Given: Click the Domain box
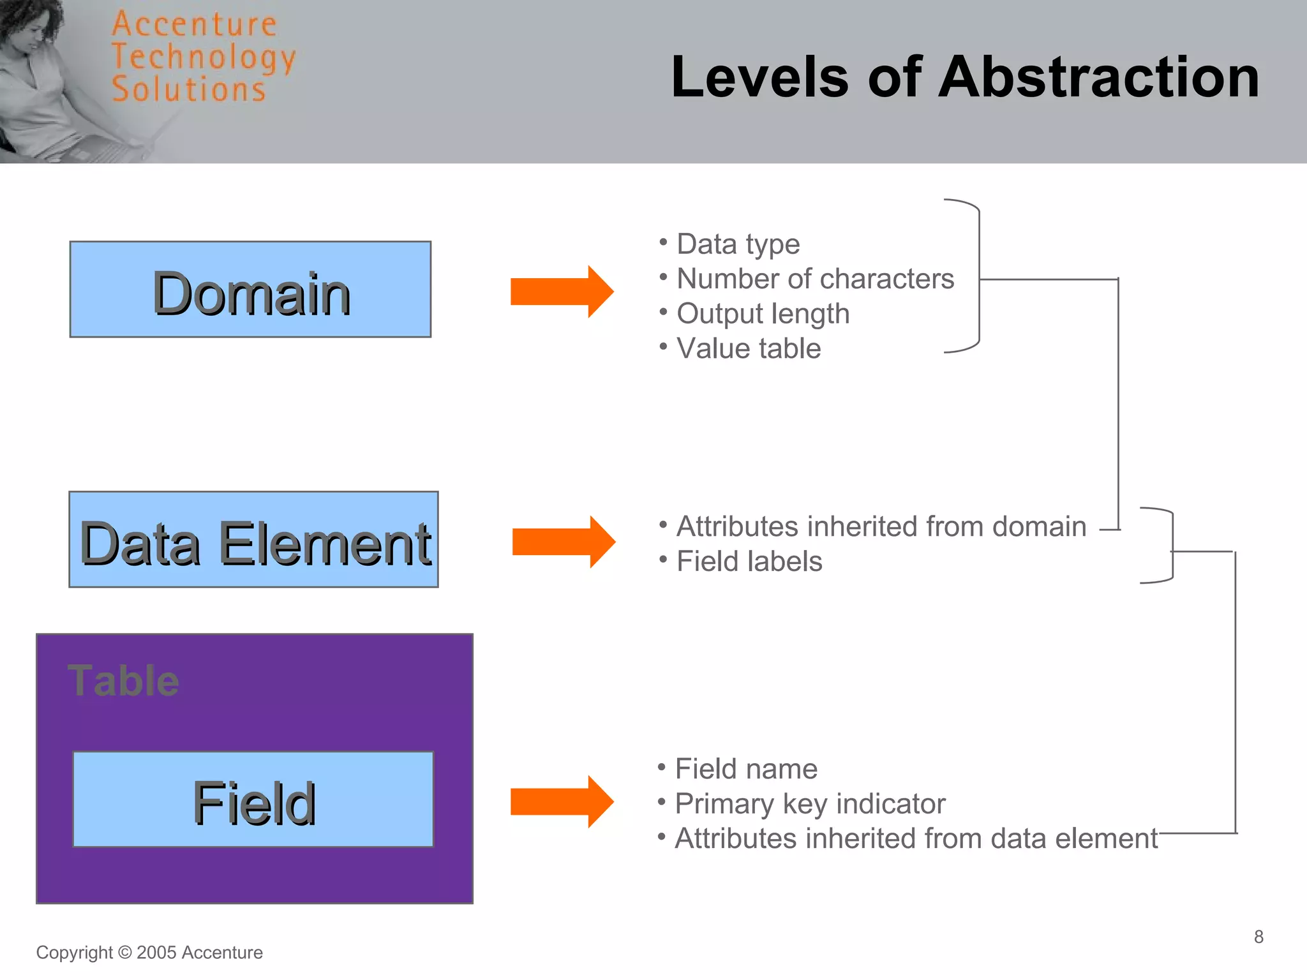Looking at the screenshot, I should [250, 289].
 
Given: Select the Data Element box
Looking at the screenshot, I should [253, 540].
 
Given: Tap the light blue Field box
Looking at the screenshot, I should [253, 799].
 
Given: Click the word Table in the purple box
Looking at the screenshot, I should [123, 681].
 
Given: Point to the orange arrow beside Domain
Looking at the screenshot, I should [561, 292].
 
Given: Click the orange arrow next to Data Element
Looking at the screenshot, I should [563, 542].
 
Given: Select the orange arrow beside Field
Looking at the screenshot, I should [561, 802].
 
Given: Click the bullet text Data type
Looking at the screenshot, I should [738, 244].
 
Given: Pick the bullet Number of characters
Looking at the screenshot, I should [814, 279].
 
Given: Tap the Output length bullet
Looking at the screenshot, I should [763, 314].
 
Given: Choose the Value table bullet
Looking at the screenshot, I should [748, 348].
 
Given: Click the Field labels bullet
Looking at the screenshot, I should [749, 561].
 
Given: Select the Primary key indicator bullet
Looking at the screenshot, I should [810, 804].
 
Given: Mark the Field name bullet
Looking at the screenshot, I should [746, 769].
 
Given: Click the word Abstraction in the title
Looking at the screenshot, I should [1098, 77].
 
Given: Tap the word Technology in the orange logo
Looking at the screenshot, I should [203, 57].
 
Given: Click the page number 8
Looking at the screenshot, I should [1258, 937].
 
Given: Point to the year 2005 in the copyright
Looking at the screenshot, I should [156, 953].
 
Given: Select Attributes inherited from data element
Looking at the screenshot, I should [916, 838].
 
